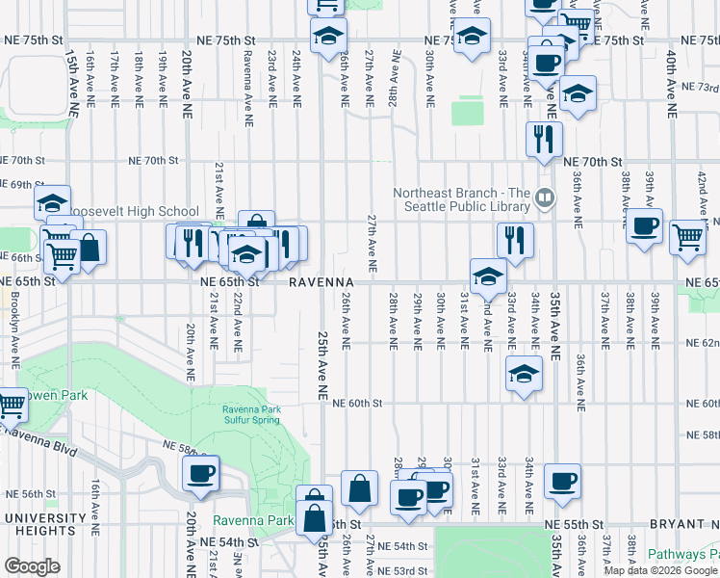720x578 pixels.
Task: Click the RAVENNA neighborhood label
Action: tap(321, 282)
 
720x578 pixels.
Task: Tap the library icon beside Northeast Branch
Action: tap(545, 198)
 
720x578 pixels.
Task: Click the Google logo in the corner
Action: tap(32, 566)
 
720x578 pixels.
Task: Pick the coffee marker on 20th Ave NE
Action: tap(201, 473)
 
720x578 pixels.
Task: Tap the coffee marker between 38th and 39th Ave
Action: tap(644, 226)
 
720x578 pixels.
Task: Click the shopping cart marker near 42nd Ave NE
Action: tap(688, 236)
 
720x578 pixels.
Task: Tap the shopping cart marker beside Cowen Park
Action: tap(12, 404)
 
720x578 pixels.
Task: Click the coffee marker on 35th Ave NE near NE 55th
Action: tap(562, 480)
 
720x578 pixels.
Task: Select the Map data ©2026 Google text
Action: tap(660, 570)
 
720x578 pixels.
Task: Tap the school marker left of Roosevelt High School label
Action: tap(53, 202)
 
